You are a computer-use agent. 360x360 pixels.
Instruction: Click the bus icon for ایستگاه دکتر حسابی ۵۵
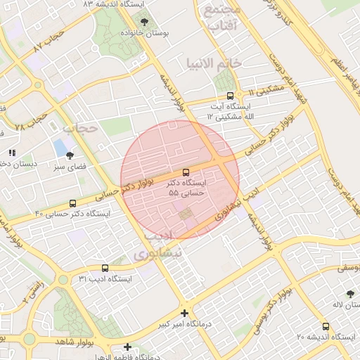[186, 172]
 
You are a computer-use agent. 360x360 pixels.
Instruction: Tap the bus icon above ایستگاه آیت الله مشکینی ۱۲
[230, 96]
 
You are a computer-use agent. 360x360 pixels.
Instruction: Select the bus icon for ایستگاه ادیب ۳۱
[105, 268]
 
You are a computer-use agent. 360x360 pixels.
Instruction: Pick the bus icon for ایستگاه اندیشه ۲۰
[325, 327]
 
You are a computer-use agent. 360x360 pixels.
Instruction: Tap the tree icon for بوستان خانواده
[145, 22]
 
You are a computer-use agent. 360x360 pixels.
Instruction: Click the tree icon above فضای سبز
[69, 155]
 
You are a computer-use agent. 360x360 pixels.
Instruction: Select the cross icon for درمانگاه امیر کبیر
[184, 313]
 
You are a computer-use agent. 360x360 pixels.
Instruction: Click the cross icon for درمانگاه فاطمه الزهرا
[127, 347]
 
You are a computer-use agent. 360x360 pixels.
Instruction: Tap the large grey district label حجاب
[79, 129]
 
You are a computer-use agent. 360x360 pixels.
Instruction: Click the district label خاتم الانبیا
[214, 63]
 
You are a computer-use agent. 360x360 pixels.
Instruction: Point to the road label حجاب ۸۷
[49, 41]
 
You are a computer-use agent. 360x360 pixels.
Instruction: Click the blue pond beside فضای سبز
[59, 148]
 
